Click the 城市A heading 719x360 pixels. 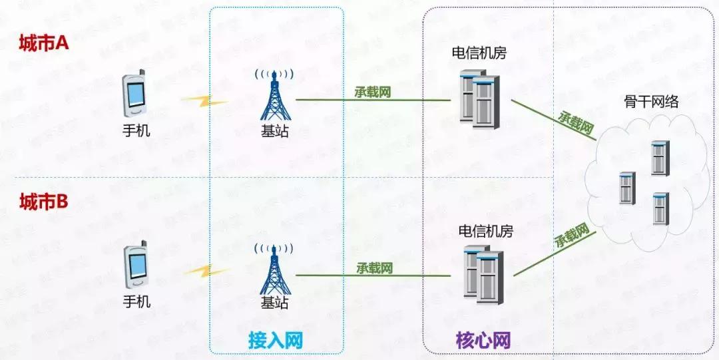tap(44, 44)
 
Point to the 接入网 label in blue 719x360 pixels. tap(276, 341)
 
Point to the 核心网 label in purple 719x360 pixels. tap(483, 341)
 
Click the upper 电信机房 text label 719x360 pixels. tap(479, 53)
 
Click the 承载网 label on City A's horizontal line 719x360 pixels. tap(373, 92)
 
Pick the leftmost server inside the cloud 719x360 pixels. tap(626, 188)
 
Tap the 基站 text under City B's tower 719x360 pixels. tap(275, 302)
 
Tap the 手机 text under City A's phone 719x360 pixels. tap(136, 130)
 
